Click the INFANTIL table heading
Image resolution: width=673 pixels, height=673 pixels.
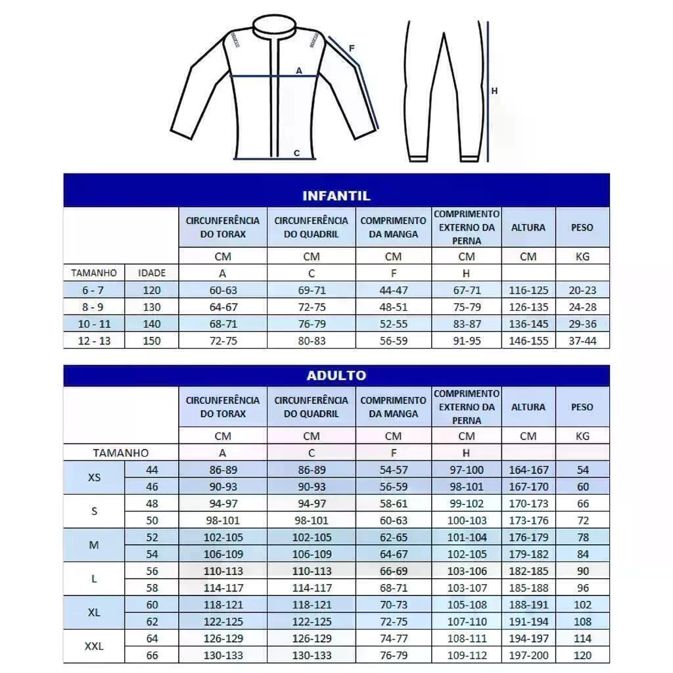pos(336,196)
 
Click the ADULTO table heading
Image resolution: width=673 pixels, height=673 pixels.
pos(336,375)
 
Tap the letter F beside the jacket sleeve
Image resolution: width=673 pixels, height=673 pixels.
pos(352,49)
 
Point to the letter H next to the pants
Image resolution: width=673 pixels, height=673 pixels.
pos(494,91)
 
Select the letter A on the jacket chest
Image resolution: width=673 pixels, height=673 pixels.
pos(299,70)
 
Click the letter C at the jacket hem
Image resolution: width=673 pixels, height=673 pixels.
pos(296,153)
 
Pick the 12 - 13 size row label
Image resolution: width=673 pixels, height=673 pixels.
pos(94,340)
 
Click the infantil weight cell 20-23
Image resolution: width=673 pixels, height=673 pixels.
pos(582,290)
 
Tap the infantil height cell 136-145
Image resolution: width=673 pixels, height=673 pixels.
pos(528,324)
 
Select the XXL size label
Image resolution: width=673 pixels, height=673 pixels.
pos(94,646)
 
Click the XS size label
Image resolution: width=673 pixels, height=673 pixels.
pos(94,478)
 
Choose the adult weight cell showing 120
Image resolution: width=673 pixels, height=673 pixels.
pos(582,655)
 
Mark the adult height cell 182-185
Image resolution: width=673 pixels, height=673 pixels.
pos(528,571)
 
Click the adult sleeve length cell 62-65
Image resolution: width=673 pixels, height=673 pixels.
pos(393,537)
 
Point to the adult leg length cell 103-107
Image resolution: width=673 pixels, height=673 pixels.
pos(467,588)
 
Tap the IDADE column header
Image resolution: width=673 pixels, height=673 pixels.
pos(152,273)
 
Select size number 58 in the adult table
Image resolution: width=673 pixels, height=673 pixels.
pos(152,588)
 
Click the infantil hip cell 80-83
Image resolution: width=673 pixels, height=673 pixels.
pos(312,340)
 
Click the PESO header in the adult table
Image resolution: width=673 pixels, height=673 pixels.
pos(582,407)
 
